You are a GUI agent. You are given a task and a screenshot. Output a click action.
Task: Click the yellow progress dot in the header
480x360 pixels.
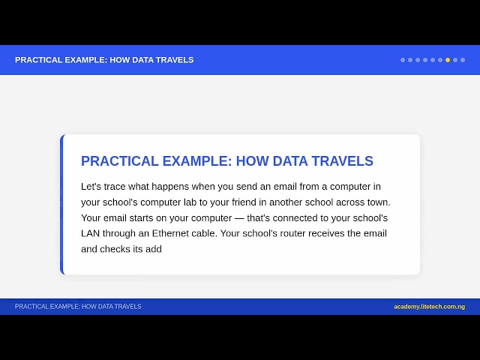448,60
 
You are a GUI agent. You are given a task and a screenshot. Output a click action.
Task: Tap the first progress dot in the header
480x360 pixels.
403,60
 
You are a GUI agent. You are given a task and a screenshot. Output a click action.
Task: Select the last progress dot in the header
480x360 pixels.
463,60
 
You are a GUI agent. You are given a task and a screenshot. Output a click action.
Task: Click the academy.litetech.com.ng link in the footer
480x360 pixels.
429,307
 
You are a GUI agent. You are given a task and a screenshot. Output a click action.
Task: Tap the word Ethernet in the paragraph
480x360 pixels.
170,233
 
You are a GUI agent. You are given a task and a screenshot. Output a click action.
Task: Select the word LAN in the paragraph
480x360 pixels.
90,233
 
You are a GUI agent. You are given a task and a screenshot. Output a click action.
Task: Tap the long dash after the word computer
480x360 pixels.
239,218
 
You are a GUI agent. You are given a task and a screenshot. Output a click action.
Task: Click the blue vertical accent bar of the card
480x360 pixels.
61,205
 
